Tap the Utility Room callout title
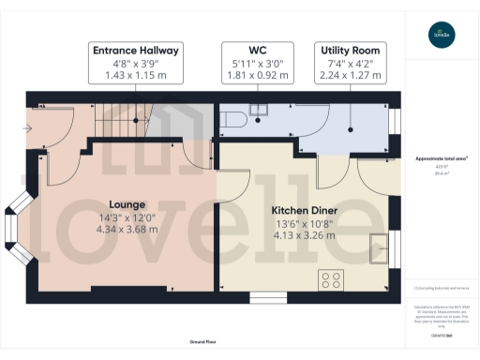pyautogui.click(x=349, y=49)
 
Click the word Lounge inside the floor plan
pyautogui.click(x=127, y=203)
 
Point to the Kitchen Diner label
pyautogui.click(x=304, y=211)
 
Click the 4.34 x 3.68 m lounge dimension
pyautogui.click(x=127, y=231)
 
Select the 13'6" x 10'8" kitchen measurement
pyautogui.click(x=304, y=225)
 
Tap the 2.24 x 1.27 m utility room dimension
pyautogui.click(x=349, y=75)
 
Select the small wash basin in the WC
pyautogui.click(x=260, y=107)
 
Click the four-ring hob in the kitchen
pyautogui.click(x=331, y=277)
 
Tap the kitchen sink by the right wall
pyautogui.click(x=381, y=247)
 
